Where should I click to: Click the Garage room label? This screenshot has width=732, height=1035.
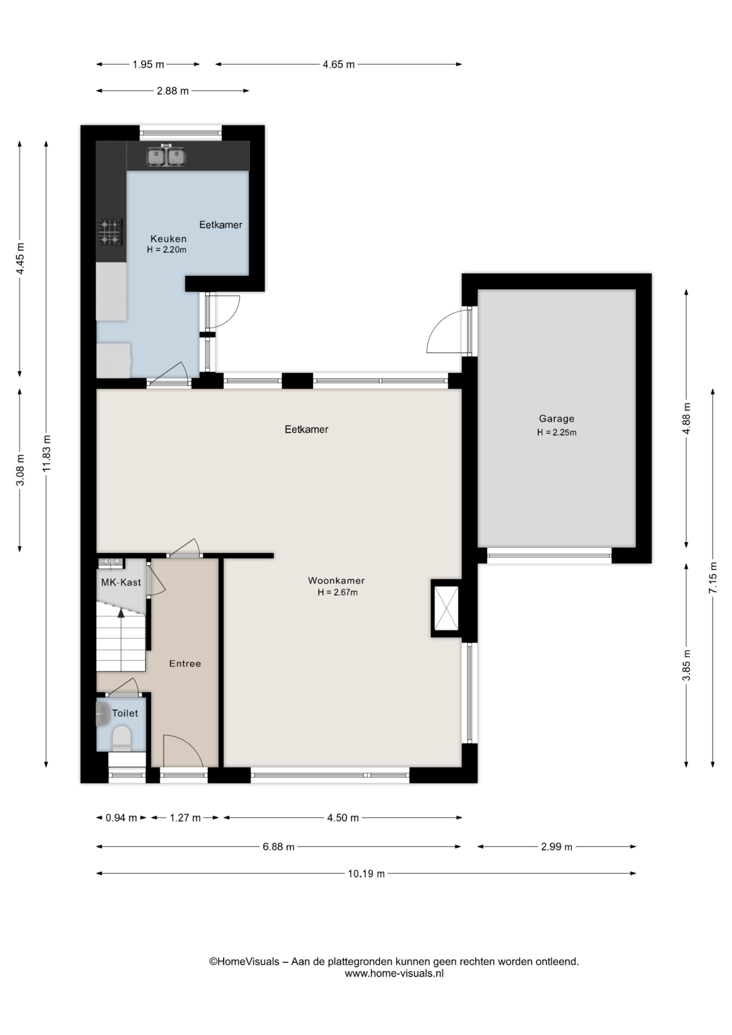556,418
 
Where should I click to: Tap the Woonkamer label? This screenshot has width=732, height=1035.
336,581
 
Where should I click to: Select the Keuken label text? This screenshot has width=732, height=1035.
168,238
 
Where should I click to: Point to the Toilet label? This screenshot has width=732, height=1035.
125,713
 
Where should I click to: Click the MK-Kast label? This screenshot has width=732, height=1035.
121,582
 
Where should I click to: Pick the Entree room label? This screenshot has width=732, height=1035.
185,664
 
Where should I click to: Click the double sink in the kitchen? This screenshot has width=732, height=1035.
167,156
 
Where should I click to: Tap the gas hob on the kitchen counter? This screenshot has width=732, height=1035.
111,232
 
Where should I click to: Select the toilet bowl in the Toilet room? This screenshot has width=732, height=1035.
122,738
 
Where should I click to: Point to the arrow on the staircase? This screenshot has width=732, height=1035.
121,639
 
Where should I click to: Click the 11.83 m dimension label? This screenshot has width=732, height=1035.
46,453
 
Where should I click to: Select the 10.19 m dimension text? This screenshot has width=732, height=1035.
366,874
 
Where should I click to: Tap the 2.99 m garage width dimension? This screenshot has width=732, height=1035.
556,847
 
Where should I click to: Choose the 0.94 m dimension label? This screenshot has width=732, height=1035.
121,818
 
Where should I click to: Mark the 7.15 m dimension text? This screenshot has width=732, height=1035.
713,577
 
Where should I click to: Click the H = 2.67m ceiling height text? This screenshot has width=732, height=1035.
337,592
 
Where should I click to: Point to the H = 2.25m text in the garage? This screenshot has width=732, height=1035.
556,432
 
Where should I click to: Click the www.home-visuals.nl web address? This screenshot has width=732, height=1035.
394,974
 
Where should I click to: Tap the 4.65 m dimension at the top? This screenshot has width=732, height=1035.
339,65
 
